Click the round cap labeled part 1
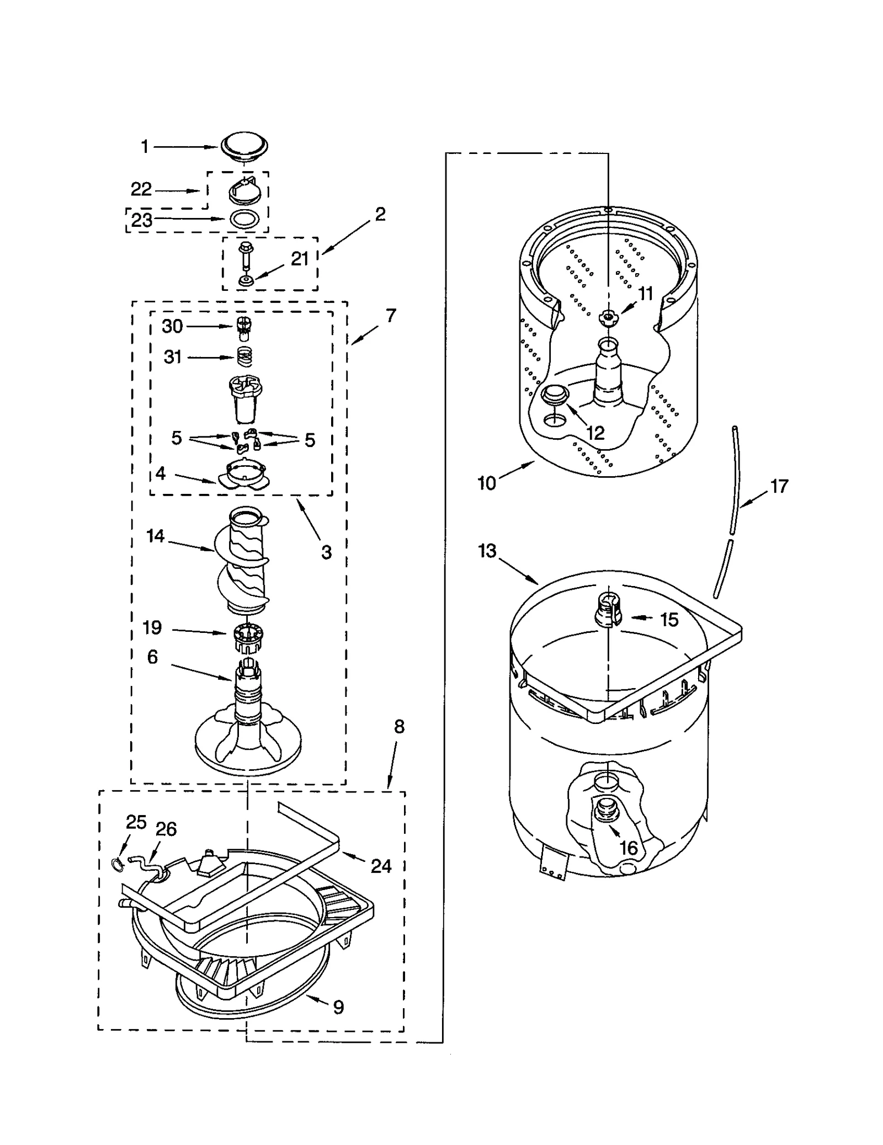[x=244, y=146]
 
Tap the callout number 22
[x=141, y=189]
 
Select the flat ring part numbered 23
[x=243, y=219]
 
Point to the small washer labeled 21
[x=244, y=281]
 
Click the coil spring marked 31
[x=244, y=356]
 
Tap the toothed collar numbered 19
[x=247, y=637]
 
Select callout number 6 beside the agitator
[x=153, y=657]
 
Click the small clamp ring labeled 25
[x=117, y=864]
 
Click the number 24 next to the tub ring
[x=381, y=866]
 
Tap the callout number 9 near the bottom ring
[x=338, y=1007]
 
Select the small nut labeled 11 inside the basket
[x=608, y=316]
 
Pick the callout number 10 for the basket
[x=486, y=483]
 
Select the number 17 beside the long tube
[x=779, y=486]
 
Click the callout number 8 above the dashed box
[x=399, y=727]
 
